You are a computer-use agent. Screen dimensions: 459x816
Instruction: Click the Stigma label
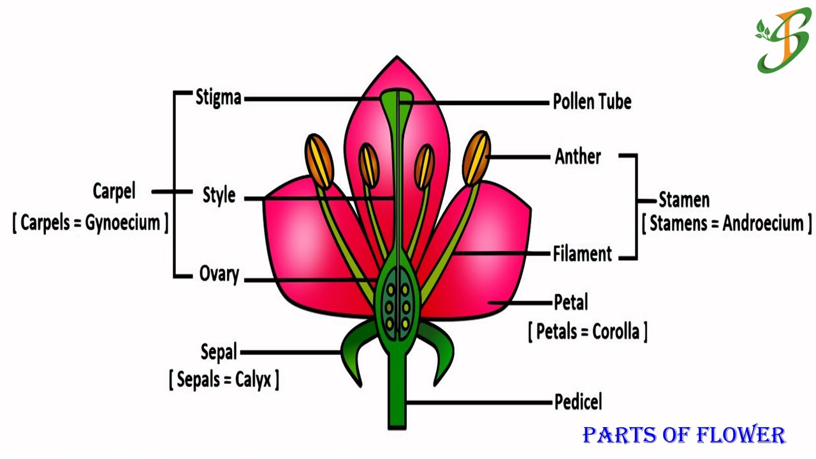pos(218,98)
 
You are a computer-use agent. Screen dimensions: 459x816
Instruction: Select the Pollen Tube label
pos(592,101)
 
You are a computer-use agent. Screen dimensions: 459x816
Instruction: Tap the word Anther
pos(578,156)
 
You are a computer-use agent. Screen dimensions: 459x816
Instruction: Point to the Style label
pos(219,195)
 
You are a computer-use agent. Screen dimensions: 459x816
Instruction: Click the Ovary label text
pos(219,275)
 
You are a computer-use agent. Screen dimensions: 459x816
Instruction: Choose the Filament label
pos(582,254)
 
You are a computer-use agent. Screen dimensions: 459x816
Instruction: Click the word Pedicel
pos(578,402)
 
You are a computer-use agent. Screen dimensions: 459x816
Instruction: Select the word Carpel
pos(113,191)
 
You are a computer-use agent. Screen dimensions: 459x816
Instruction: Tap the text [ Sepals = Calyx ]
pos(224,380)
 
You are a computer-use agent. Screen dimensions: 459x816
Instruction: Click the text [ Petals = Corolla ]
pos(587,331)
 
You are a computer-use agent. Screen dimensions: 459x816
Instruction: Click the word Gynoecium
pos(122,222)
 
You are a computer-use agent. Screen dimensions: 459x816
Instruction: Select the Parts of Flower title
pos(683,435)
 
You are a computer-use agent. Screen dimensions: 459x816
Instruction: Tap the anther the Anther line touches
pos(477,157)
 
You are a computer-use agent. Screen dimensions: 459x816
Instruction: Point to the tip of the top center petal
pos(397,61)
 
